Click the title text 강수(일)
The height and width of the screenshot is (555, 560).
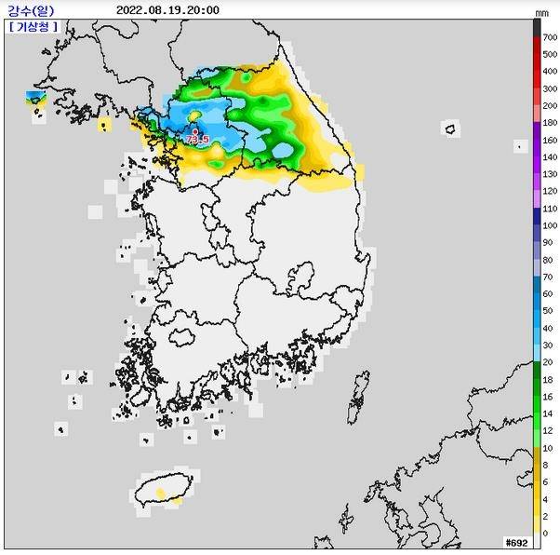pos(31,10)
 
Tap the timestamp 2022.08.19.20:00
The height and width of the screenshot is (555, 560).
pos(168,10)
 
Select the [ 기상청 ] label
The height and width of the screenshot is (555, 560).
pos(33,26)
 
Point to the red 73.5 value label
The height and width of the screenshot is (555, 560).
pos(197,139)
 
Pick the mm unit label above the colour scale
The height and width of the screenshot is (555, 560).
pos(542,12)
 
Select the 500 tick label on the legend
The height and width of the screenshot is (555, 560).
pos(550,52)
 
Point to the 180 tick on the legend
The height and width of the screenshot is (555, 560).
pos(550,123)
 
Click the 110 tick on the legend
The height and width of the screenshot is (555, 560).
pos(550,210)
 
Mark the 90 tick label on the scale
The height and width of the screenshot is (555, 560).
pos(549,242)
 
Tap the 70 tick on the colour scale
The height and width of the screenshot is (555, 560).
pos(549,277)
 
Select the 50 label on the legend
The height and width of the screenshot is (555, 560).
pos(549,310)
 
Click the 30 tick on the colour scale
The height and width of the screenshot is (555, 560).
pos(549,345)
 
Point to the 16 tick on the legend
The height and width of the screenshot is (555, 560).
pos(549,396)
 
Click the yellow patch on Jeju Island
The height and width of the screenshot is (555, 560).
pos(160,491)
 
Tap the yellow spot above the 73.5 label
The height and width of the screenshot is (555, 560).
pos(195,115)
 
